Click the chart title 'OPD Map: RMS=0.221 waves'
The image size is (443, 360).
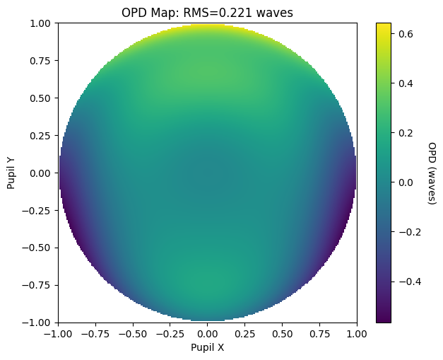(x=207, y=12)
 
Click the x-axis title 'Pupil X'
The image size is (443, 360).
(x=207, y=347)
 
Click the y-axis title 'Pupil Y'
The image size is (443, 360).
(x=11, y=173)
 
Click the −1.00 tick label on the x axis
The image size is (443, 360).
(x=59, y=334)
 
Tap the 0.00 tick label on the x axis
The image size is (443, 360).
(x=208, y=334)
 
